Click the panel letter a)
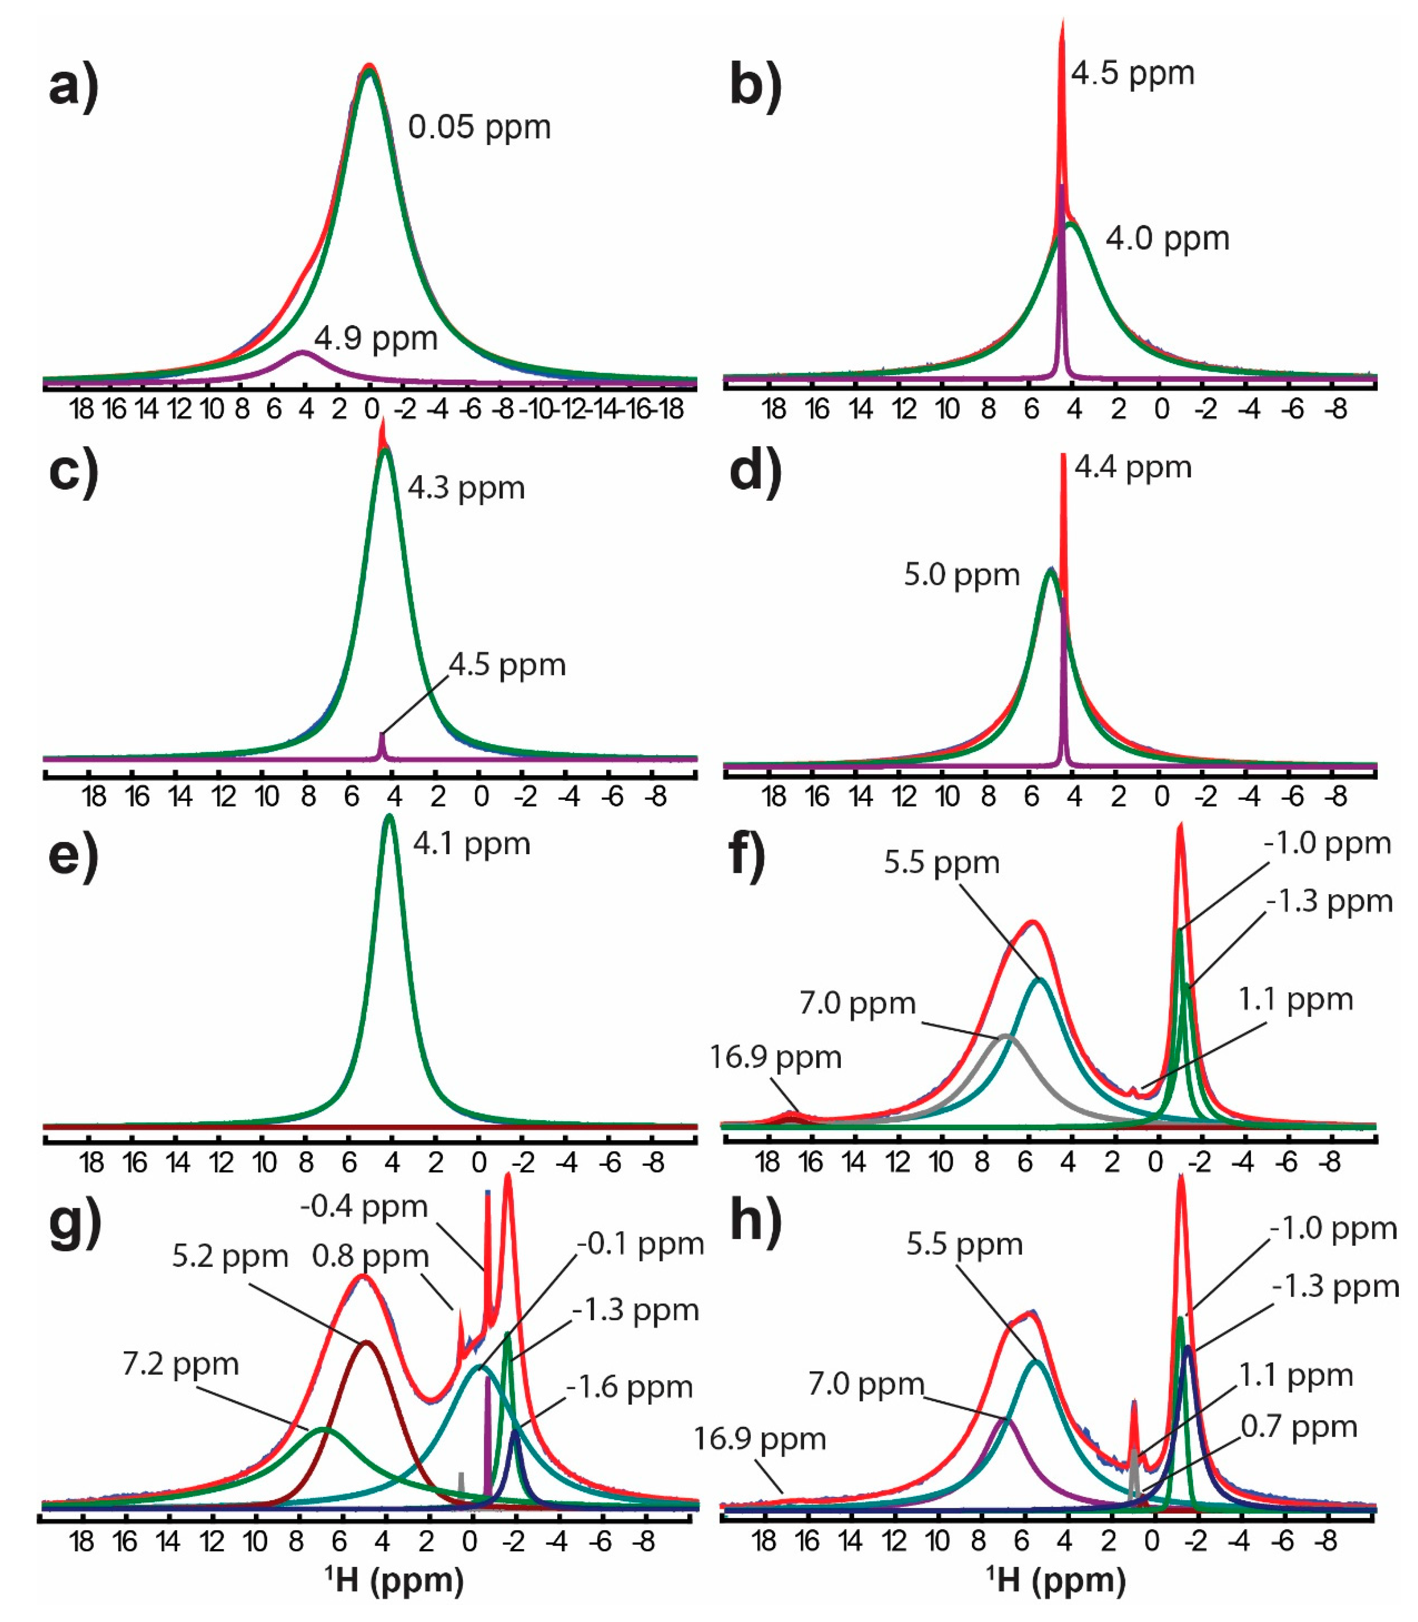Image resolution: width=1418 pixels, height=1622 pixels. coord(74,86)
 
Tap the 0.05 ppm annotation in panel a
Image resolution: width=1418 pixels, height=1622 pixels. coord(479,127)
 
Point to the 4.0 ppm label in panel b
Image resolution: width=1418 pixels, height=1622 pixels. coord(1167,238)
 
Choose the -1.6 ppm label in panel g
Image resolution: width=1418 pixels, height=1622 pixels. coord(629,1387)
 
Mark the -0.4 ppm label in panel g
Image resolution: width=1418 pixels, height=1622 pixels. coord(364,1207)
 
